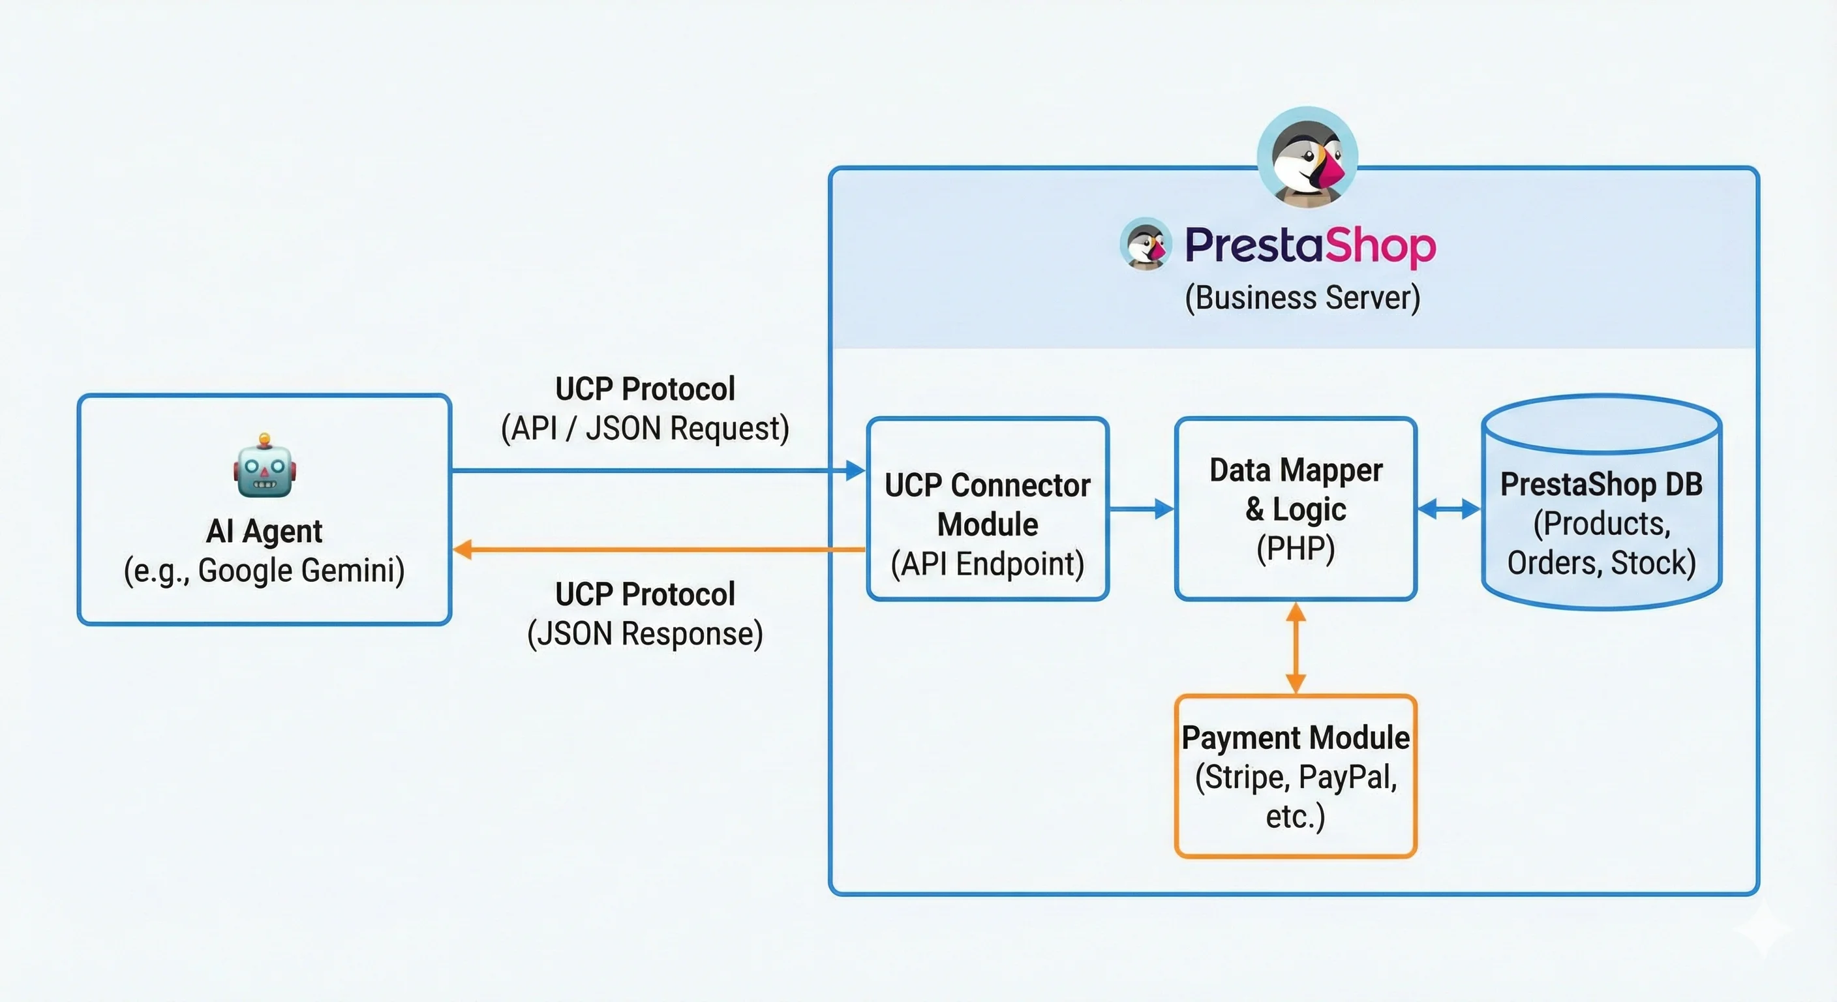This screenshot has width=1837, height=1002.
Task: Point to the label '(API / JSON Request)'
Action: coord(645,429)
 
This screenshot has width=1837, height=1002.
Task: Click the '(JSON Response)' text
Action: coord(645,633)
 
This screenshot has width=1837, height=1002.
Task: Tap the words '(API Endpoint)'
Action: coord(987,564)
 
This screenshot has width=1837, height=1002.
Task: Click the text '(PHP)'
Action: coord(1295,549)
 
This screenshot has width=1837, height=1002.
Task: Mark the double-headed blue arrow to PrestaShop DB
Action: coord(1448,508)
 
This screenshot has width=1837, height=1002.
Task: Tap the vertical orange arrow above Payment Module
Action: coord(1295,648)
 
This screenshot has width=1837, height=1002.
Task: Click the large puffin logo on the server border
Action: coord(1307,157)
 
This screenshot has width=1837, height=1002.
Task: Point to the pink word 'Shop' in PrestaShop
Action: coord(1379,246)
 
